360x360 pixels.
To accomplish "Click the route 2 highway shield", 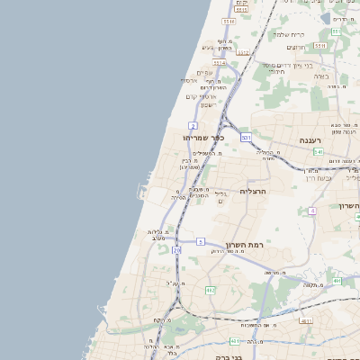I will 193,125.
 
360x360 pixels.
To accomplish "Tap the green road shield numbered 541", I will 318,152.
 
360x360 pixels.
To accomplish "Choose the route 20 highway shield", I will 176,249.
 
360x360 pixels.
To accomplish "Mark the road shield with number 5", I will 200,241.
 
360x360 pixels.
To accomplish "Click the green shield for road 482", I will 210,290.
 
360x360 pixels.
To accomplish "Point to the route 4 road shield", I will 312,211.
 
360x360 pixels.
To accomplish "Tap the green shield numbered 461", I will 306,320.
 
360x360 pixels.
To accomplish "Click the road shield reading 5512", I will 229,21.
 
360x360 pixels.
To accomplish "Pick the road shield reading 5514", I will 219,63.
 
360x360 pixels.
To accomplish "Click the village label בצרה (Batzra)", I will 320,76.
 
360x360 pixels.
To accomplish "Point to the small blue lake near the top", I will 325,17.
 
